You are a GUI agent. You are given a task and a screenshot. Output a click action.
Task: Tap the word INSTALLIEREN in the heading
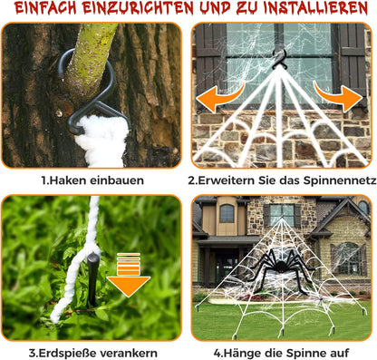(304, 10)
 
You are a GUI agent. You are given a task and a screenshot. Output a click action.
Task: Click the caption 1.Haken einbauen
(92, 180)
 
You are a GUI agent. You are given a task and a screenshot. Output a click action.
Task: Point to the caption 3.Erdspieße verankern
(92, 353)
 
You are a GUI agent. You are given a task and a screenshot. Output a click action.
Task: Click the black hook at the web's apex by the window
(282, 59)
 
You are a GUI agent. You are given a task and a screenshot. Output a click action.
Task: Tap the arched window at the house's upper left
(227, 214)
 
